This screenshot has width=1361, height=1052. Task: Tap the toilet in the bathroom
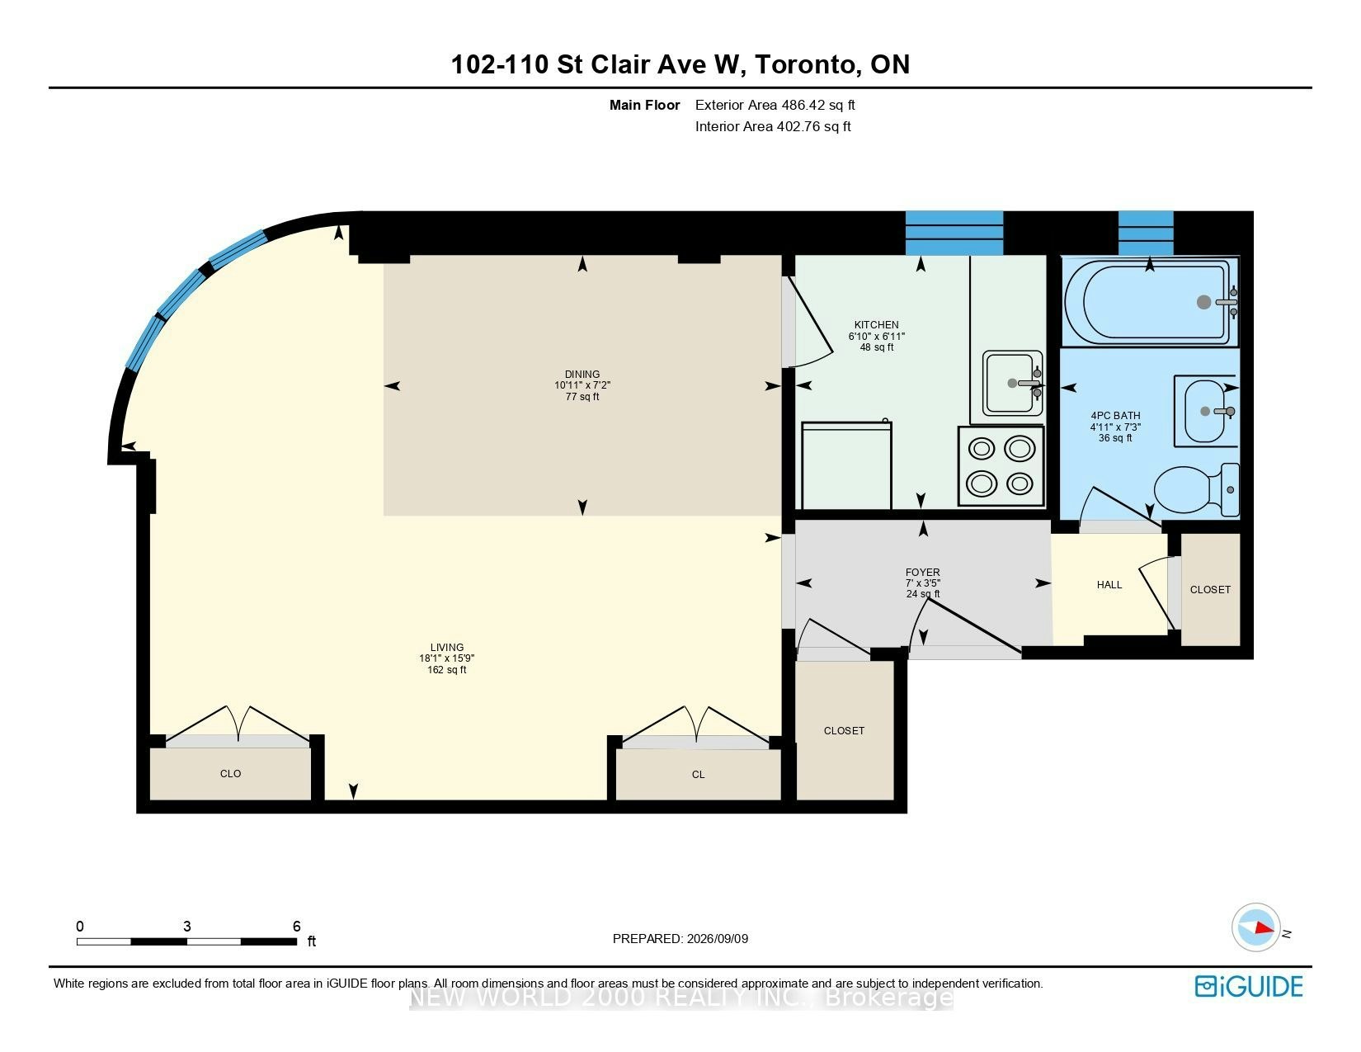pos(1196,490)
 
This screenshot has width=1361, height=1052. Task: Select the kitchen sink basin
pos(1012,383)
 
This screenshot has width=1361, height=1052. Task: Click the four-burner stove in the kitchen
pos(1001,466)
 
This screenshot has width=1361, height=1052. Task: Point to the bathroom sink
pos(1206,411)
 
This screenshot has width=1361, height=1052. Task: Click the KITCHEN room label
pos(876,324)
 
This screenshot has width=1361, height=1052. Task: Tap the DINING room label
pos(582,374)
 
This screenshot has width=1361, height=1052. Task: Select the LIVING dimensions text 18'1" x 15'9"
pos(446,658)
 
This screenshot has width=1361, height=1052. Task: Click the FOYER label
pos(922,572)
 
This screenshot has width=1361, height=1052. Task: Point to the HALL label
pos(1109,585)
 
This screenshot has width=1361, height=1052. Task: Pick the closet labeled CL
pos(699,775)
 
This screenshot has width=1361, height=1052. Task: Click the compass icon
pos(1255,927)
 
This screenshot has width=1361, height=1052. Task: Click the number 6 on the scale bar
pos(296,926)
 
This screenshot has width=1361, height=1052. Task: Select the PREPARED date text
pos(680,939)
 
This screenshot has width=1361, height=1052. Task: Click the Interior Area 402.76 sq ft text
pos(773,126)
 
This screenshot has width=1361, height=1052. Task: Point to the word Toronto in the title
pos(806,65)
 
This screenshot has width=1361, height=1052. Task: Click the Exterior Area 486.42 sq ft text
pos(775,106)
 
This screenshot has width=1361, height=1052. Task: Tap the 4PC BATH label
pos(1115,415)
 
